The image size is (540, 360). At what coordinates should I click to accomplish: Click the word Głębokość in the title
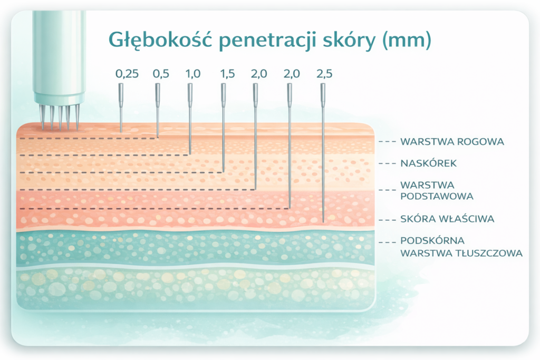160,40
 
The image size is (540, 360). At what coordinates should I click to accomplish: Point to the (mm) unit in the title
407,40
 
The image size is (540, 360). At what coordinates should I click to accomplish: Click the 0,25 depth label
127,74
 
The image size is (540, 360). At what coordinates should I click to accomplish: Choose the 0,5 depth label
161,74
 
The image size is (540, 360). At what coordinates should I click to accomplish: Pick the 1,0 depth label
193,74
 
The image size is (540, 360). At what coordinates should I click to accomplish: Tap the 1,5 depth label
227,74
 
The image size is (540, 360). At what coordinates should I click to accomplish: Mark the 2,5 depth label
324,74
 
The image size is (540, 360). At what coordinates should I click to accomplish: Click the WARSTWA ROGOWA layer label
452,141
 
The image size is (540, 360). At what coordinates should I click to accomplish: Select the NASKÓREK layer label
428,163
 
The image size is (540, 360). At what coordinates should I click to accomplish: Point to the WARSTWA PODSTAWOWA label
437,191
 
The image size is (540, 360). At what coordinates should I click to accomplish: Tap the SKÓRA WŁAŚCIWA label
447,219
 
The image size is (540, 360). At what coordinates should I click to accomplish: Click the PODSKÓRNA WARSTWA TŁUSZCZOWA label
461,247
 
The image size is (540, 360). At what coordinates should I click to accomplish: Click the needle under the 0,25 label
121,108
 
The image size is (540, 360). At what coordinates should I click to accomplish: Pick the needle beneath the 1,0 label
190,119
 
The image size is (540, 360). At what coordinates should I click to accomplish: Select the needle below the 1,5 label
223,128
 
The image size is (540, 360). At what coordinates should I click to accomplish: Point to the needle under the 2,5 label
323,153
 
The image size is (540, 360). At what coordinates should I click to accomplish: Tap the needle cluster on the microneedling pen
60,117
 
